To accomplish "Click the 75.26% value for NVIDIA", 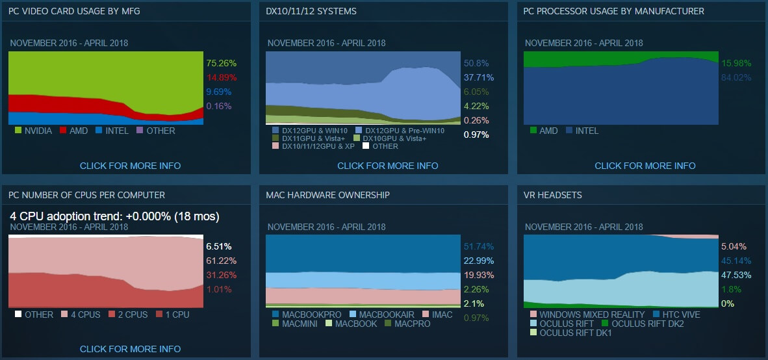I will click(x=221, y=64).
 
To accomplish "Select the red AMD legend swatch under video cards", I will click(x=64, y=131).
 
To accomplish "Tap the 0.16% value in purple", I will click(x=218, y=107).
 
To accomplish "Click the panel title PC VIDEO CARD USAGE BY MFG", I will click(x=74, y=12).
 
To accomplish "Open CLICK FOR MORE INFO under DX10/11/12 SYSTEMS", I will click(x=387, y=166).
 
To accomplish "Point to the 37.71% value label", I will click(x=478, y=77).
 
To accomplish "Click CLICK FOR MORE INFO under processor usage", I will click(x=645, y=166).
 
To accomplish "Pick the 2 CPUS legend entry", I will click(x=132, y=315).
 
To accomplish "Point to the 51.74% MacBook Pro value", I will click(x=479, y=247).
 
